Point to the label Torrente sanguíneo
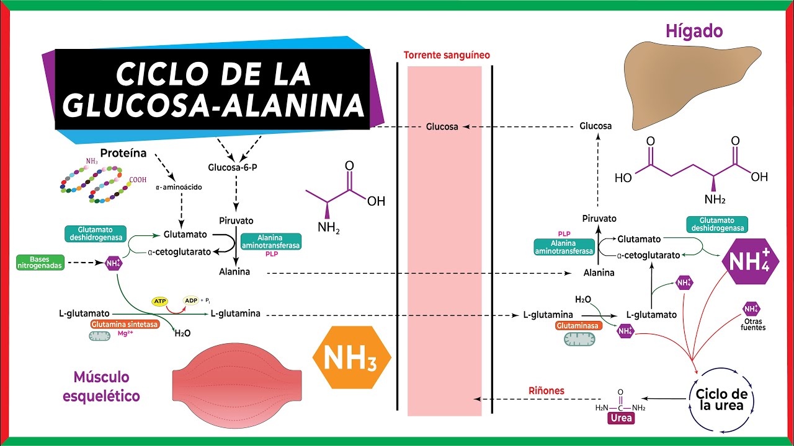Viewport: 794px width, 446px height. pos(447,55)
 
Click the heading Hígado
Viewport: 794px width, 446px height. pos(695,30)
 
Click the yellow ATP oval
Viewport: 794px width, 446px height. pos(160,301)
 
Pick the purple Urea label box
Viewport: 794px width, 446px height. pos(620,418)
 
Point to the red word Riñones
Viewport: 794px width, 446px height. pos(546,391)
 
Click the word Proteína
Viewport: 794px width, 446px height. pos(123,152)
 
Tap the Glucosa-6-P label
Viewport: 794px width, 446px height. pos(233,167)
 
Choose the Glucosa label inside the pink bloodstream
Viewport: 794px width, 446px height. pos(442,126)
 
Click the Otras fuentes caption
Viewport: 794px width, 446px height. pos(752,324)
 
